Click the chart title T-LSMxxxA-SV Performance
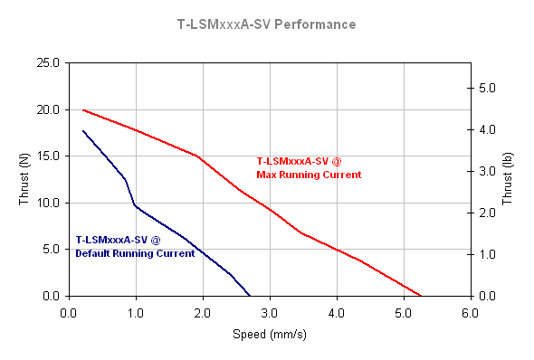click(x=267, y=24)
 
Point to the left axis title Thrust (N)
click(x=24, y=179)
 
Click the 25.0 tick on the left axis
click(x=47, y=63)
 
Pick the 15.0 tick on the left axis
click(x=47, y=156)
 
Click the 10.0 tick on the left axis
click(x=47, y=203)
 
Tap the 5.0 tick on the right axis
click(x=486, y=89)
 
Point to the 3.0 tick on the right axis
click(x=486, y=172)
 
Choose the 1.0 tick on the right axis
click(x=486, y=255)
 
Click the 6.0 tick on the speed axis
click(x=470, y=313)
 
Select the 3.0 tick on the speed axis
click(x=269, y=313)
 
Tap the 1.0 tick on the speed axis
click(x=136, y=313)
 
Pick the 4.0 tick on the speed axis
click(x=336, y=313)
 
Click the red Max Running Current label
click(x=309, y=168)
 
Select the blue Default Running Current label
click(x=135, y=247)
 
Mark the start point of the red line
click(x=83, y=110)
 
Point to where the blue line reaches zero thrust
click(x=249, y=296)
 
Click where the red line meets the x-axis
click(x=421, y=296)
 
